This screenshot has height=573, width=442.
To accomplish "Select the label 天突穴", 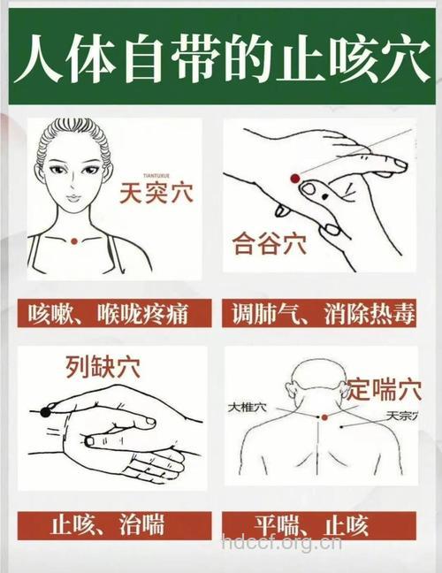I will point(155,192).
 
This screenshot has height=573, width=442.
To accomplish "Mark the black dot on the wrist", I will point(45,411).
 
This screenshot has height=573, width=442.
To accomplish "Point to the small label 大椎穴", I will point(247,408).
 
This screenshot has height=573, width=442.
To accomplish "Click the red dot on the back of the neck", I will point(324,416).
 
